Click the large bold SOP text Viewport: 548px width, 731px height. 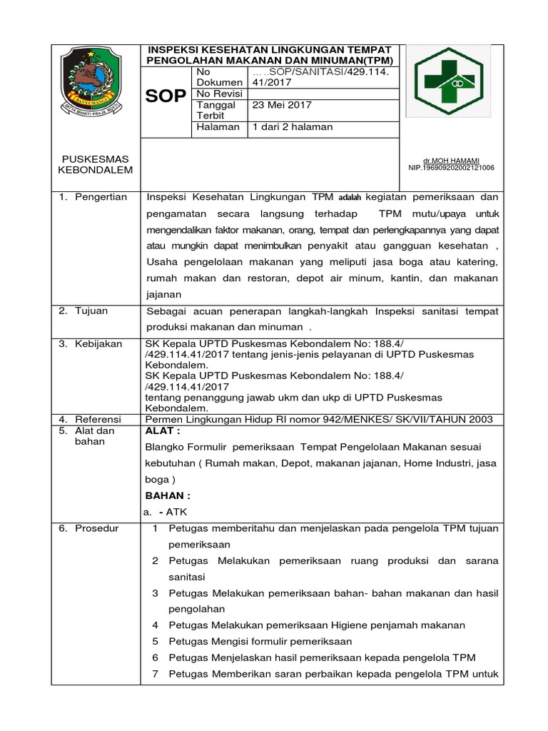pyautogui.click(x=166, y=97)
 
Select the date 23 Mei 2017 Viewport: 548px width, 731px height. pyautogui.click(x=283, y=105)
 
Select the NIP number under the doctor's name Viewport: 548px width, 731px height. pyautogui.click(x=451, y=168)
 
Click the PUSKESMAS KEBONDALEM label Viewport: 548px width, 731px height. pyautogui.click(x=91, y=164)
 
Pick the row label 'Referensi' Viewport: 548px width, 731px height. pyautogui.click(x=98, y=419)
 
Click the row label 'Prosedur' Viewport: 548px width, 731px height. pyautogui.click(x=97, y=528)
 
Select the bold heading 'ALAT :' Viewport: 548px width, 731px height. pyautogui.click(x=163, y=431)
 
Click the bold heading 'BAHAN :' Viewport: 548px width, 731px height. pyautogui.click(x=168, y=496)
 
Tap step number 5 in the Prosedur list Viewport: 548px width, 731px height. pyautogui.click(x=155, y=641)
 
